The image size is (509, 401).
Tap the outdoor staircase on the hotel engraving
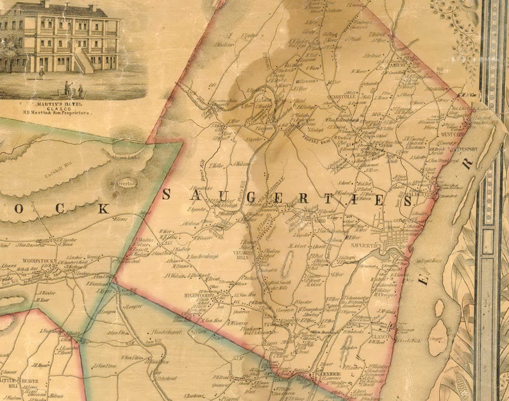pos(85,61)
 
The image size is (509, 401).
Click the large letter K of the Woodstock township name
pos(103,208)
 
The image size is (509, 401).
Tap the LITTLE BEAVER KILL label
pos(21,384)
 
